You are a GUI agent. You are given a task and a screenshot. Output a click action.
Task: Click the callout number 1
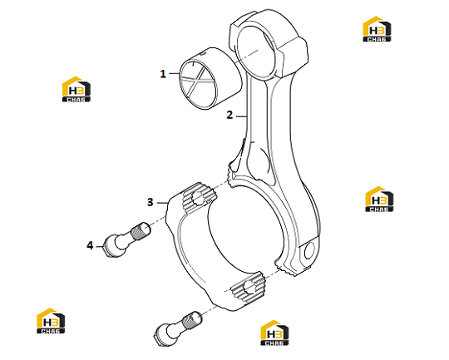pos(163,74)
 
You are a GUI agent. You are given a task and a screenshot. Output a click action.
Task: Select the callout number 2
pos(229,115)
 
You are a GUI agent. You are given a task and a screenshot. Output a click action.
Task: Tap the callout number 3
pos(150,202)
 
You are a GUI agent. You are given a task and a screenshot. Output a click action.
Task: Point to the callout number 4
pos(90,245)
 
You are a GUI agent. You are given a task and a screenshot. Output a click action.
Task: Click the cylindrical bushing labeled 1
pos(210,78)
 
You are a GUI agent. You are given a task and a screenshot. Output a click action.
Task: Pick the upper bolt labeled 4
pos(127,239)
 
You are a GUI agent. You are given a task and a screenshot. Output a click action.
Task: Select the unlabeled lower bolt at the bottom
pos(178,328)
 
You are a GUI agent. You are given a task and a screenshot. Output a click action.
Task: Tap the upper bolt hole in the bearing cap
pos(199,198)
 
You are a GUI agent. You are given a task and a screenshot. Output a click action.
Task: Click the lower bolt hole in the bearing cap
pos(249,287)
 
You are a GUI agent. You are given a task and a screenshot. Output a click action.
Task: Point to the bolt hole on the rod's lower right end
pos(309,250)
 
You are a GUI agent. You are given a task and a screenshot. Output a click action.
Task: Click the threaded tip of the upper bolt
pos(141,231)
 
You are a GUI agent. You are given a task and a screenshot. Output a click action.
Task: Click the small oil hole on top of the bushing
pos(203,53)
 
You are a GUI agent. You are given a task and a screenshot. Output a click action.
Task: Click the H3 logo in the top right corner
pos(377,29)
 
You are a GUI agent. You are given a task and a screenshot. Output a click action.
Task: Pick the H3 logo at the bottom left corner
pos(51,321)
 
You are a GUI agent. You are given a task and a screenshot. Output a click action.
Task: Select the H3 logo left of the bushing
pos(76,89)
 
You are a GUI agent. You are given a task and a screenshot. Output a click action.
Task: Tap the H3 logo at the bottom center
pos(274,333)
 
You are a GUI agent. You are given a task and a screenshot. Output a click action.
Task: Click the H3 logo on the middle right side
pos(379,199)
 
